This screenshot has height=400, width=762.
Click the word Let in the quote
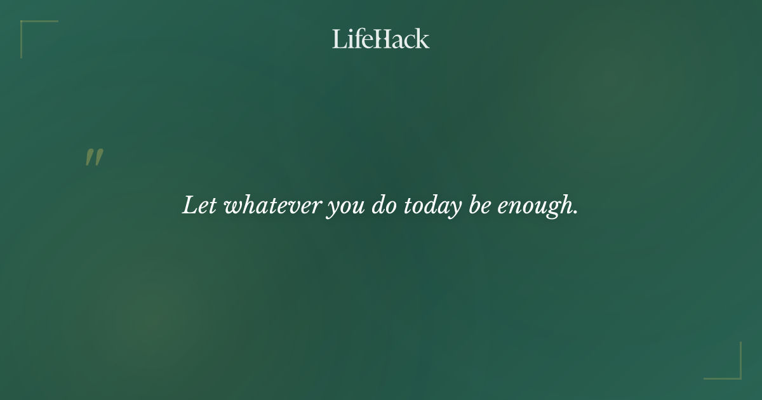point(199,206)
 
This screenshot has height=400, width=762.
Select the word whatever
point(272,206)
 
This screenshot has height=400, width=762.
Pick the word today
point(432,207)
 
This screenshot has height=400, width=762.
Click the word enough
point(535,207)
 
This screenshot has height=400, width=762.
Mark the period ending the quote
point(575,213)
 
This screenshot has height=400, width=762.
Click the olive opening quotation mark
point(94,158)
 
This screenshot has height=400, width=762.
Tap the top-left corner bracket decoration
point(25,25)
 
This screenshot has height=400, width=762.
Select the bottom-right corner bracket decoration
point(737,375)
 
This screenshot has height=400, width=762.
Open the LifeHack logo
point(381,39)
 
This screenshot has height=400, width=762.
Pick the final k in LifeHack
point(423,39)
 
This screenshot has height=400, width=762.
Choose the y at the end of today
point(452,210)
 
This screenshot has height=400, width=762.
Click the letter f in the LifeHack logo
point(358,39)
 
